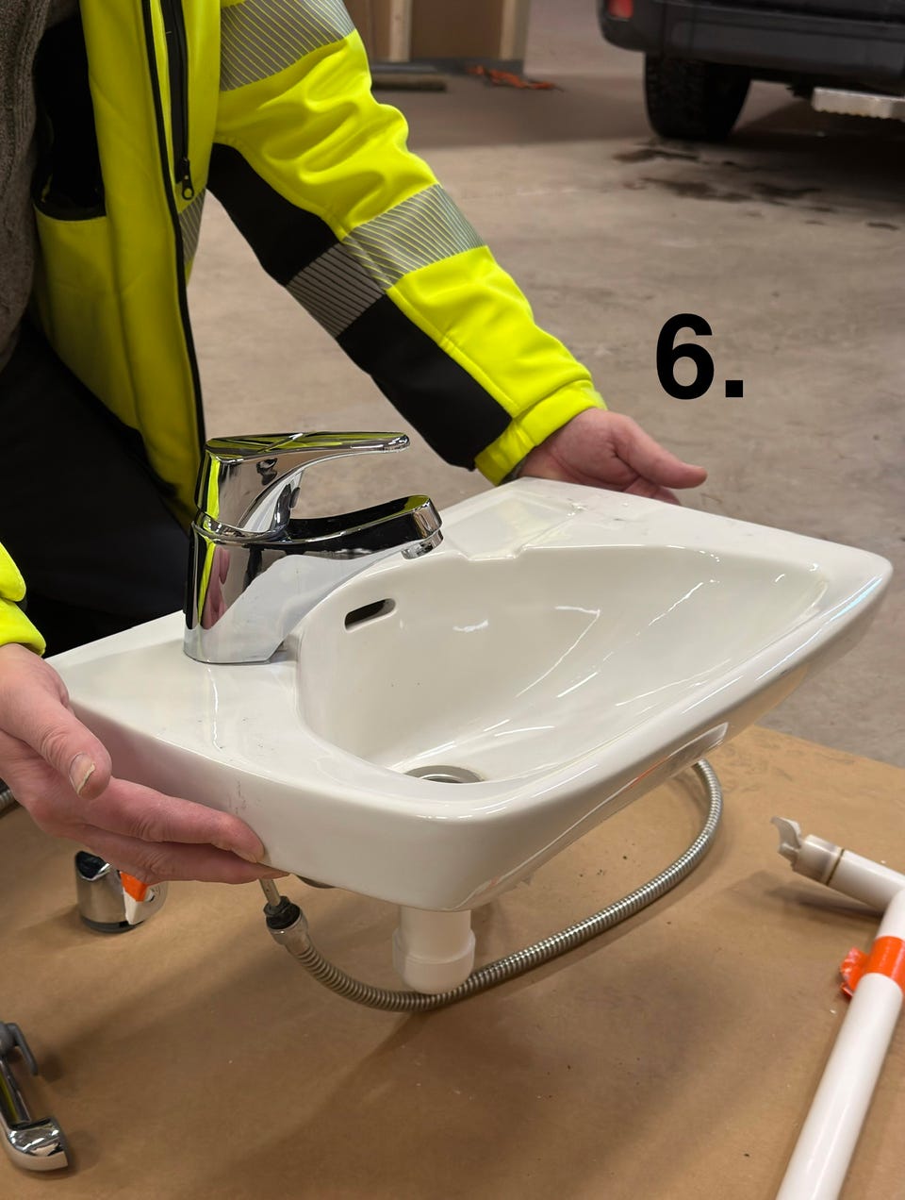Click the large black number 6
pos(685,356)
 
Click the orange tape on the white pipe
pos(873,963)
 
